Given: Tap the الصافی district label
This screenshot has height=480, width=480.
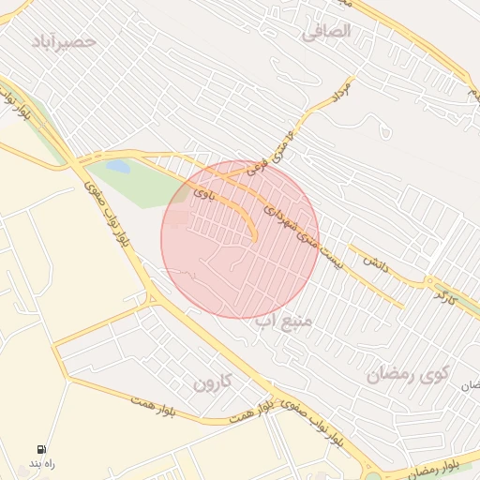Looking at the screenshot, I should coord(326,31).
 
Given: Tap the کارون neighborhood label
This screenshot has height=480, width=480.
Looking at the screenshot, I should coord(212,382).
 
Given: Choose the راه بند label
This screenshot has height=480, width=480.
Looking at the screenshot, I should coord(42,465).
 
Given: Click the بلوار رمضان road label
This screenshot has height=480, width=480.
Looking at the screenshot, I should coord(449,469).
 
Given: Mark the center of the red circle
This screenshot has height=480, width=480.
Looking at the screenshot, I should coord(240,239).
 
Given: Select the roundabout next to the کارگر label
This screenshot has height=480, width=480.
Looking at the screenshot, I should coord(430,280).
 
